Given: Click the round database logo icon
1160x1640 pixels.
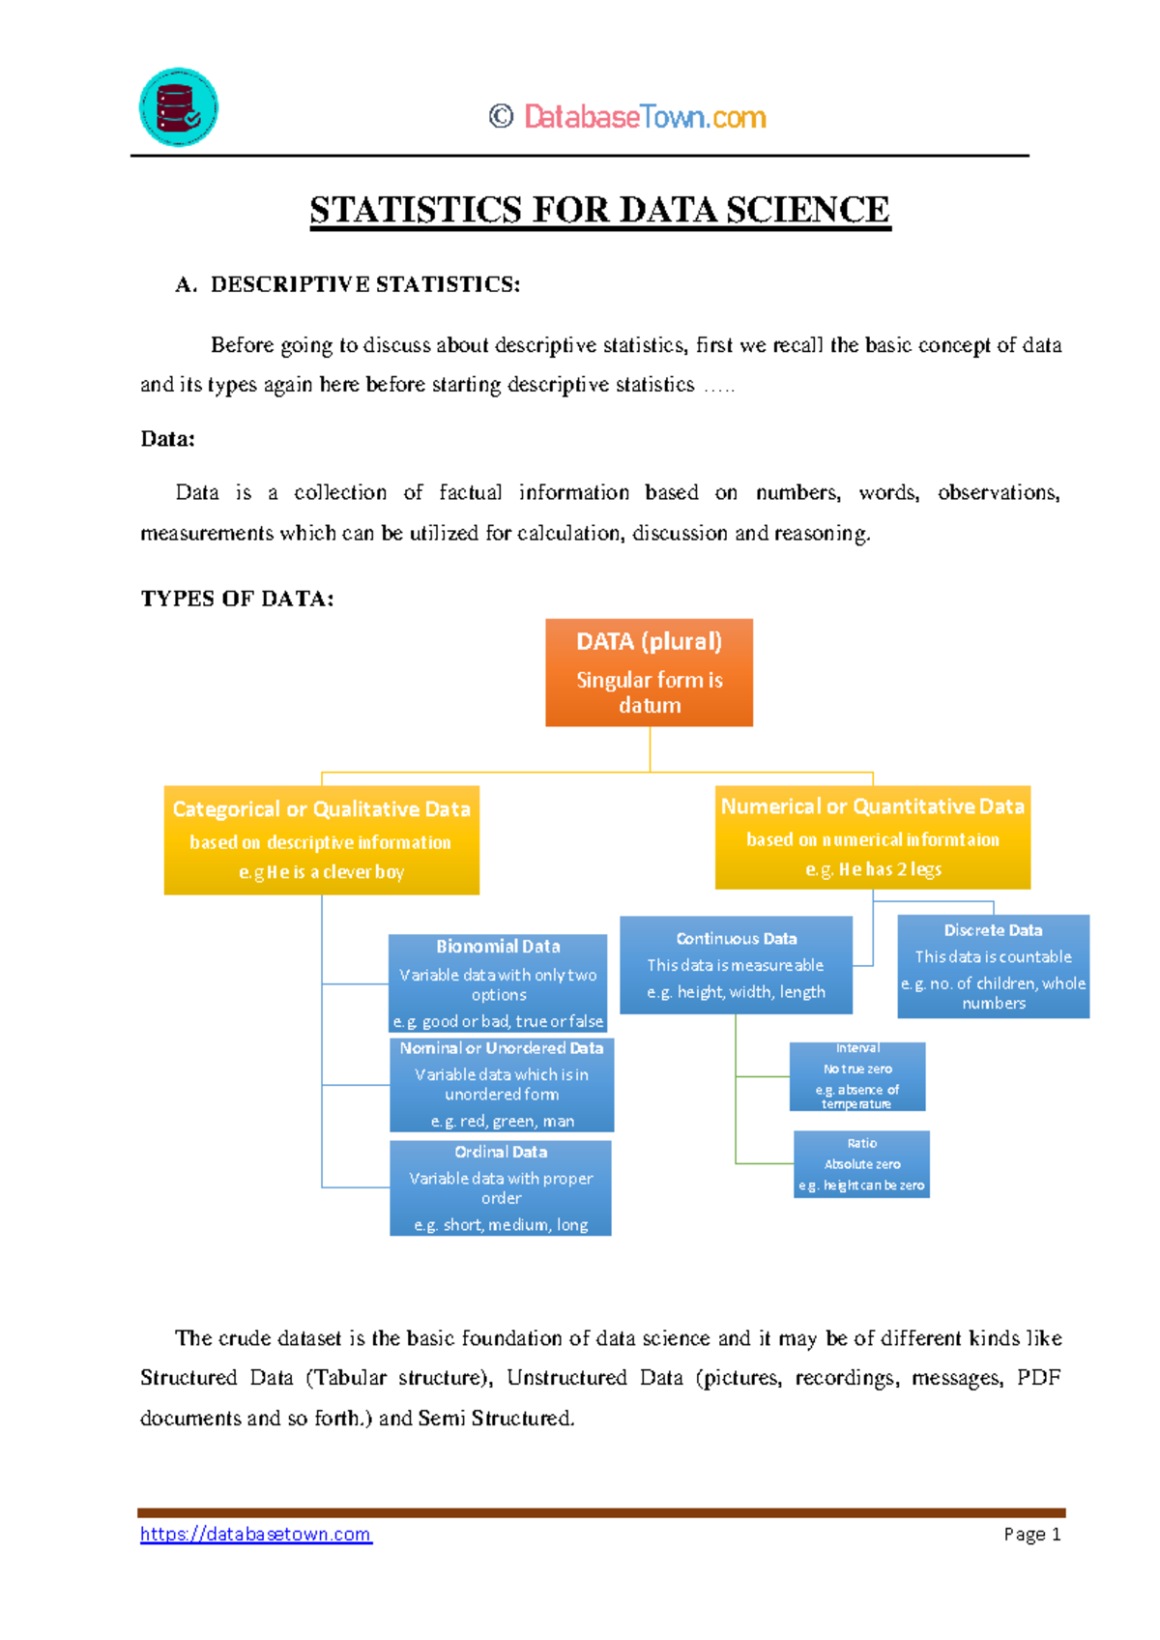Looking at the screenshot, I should click(x=179, y=107).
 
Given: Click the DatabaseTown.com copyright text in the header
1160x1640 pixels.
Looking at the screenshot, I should click(x=628, y=117).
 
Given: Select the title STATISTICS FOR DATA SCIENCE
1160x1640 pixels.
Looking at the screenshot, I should click(x=599, y=210).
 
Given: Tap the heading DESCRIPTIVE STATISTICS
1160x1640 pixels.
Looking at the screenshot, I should click(x=364, y=284).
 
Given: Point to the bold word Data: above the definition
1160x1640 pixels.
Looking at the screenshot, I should click(x=167, y=439).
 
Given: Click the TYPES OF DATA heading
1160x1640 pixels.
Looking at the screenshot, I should click(x=237, y=599).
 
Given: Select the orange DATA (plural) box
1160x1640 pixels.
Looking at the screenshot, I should click(x=649, y=672).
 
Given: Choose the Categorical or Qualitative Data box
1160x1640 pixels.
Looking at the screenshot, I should click(x=321, y=839).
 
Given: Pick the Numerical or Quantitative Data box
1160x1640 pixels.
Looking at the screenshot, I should click(x=872, y=836).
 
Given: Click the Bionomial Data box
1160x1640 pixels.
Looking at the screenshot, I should click(x=498, y=982).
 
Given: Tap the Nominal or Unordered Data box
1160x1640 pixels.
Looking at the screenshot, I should click(x=501, y=1084).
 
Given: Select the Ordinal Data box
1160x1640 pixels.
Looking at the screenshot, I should click(x=501, y=1187).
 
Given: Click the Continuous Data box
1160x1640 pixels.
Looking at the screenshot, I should click(x=736, y=964).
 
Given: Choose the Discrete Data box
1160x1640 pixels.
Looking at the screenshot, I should click(x=993, y=966).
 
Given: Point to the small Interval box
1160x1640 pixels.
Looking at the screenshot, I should click(x=857, y=1076).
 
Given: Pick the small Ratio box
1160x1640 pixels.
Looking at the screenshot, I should click(x=861, y=1164).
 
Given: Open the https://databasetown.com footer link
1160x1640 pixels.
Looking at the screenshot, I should click(x=255, y=1535).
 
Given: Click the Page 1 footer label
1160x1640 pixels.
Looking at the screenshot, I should click(x=1031, y=1535).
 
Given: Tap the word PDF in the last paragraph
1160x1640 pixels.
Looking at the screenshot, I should click(x=1038, y=1378).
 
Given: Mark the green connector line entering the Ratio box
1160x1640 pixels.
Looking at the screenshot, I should click(x=765, y=1163).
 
